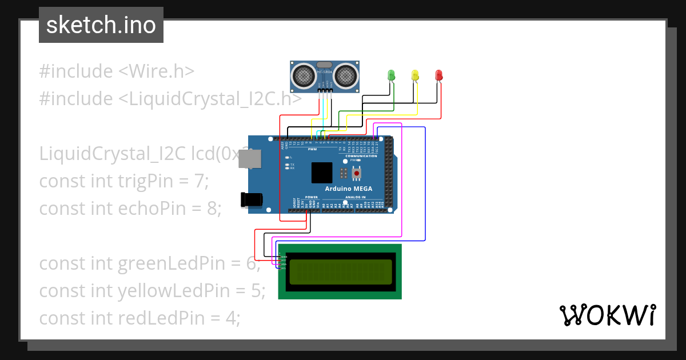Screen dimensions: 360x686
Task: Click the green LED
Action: [392, 75]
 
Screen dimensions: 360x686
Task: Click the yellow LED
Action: [415, 75]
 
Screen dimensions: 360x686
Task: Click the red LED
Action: [438, 75]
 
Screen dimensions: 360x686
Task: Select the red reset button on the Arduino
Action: [357, 173]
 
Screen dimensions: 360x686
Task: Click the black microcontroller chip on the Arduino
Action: [322, 173]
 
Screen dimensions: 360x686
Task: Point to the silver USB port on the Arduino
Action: [251, 159]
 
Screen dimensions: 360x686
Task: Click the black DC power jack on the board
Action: [252, 199]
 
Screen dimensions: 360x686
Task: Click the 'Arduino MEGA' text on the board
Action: [349, 189]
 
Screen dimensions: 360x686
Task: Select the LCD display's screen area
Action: [341, 272]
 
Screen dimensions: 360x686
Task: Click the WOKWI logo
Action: [607, 315]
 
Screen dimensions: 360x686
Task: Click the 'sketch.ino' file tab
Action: [101, 25]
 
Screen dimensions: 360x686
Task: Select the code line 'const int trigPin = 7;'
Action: [124, 181]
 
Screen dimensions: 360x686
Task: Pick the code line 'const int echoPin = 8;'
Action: [130, 209]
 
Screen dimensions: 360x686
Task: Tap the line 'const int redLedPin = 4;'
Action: [139, 318]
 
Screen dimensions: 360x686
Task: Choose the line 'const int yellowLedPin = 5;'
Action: [152, 291]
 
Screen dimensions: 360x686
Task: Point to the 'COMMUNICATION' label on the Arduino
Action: [361, 156]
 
